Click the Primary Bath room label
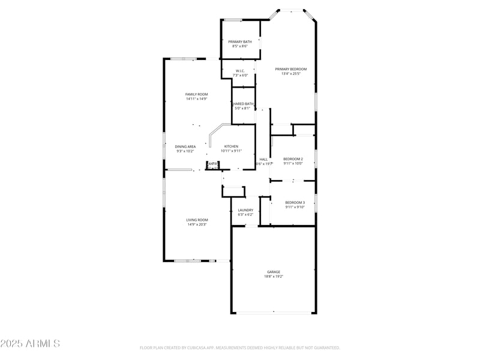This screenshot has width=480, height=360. [240, 41]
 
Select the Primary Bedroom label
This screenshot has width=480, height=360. [290, 69]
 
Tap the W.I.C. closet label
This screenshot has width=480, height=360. [240, 71]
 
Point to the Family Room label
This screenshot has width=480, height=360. [196, 94]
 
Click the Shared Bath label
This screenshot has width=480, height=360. [244, 104]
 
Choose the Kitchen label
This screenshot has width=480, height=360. [231, 146]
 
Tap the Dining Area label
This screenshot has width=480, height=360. [185, 146]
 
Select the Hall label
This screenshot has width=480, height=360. [263, 159]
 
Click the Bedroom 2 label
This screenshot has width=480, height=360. [293, 159]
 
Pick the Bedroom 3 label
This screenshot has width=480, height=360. [295, 202]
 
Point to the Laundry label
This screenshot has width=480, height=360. [245, 210]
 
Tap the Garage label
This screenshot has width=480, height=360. [274, 272]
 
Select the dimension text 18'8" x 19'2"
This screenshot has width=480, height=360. [274, 277]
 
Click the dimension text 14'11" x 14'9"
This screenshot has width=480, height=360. [196, 99]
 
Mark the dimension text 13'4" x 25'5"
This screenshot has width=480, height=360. [290, 74]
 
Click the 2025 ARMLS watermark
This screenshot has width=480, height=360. [30, 344]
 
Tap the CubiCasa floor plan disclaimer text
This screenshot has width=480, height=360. [240, 347]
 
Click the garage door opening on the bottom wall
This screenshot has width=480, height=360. [274, 313]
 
